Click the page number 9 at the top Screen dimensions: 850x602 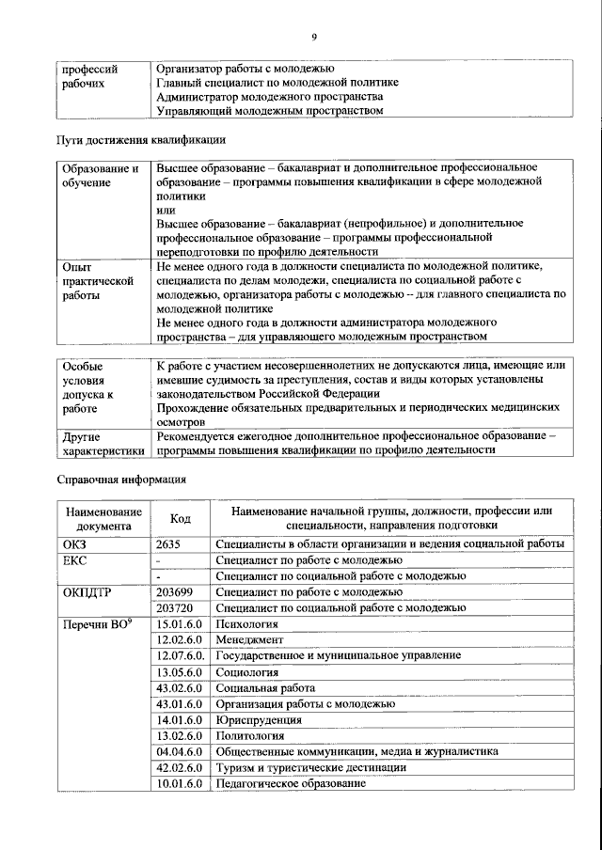coord(314,37)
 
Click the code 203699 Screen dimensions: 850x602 coord(176,591)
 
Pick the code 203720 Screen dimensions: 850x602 coord(176,607)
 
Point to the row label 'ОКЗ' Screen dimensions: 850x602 coord(74,543)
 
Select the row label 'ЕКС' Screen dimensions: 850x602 coord(74,559)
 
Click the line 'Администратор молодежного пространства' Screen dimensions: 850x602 coord(269,97)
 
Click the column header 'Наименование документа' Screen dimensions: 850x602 coord(103,519)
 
